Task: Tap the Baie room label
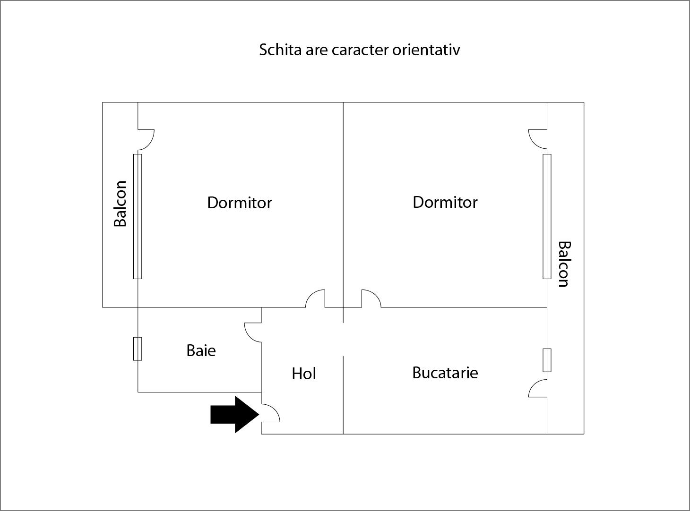tap(201, 350)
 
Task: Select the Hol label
tap(303, 374)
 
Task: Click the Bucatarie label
tap(445, 373)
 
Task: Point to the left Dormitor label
tap(239, 203)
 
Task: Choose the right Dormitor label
tap(445, 202)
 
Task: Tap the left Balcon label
tap(121, 204)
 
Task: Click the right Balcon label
tap(563, 264)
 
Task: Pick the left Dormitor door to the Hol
tap(316, 299)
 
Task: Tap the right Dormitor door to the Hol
tap(371, 299)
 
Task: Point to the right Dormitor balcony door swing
tap(538, 138)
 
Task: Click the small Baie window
tap(138, 349)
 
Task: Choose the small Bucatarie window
tap(547, 360)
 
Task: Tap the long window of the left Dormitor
tap(138, 216)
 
